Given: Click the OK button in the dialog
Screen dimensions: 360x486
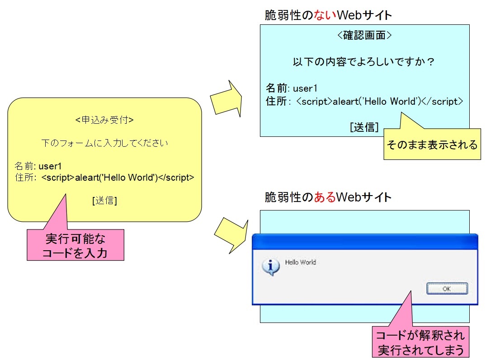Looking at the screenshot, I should point(447,289).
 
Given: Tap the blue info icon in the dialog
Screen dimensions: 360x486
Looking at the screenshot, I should point(270,267).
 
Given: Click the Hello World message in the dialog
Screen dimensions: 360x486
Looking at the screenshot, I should point(300,262).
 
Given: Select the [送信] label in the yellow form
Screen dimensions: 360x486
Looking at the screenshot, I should point(104,201).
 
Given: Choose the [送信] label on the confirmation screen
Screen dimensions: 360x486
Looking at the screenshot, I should point(364,127).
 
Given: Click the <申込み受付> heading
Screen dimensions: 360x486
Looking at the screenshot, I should point(104,120).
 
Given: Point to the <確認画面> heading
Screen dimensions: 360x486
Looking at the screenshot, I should point(364,36).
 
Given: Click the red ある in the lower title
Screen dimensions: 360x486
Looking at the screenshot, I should point(325,197).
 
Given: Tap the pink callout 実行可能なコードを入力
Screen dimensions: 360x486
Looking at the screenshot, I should point(75,245).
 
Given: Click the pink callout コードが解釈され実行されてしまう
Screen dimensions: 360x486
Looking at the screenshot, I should point(420,342).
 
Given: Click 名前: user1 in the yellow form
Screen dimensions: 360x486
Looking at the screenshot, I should point(38,166).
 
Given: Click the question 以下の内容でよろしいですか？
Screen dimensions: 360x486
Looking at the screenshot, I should point(364,62).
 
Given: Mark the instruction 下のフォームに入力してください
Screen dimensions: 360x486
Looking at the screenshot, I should point(104,143).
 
